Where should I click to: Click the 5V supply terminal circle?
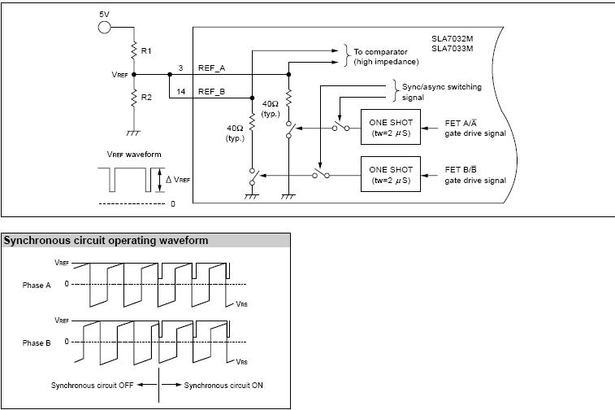tap(104, 28)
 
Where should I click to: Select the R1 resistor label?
tap(146, 51)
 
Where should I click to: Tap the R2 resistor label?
tap(146, 97)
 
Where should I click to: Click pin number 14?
tap(181, 92)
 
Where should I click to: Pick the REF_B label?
tap(211, 92)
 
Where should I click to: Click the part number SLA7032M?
tap(451, 38)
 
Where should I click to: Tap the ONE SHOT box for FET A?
tap(391, 128)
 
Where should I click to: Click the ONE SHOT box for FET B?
tap(391, 174)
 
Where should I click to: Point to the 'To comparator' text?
tap(381, 52)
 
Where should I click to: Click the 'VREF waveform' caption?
tap(134, 155)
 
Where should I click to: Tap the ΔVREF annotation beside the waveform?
tap(178, 179)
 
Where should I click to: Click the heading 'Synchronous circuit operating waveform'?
tap(106, 241)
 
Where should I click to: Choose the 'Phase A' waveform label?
tap(37, 286)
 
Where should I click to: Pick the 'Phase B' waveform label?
tap(37, 343)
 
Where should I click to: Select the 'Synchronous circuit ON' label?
tap(223, 385)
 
